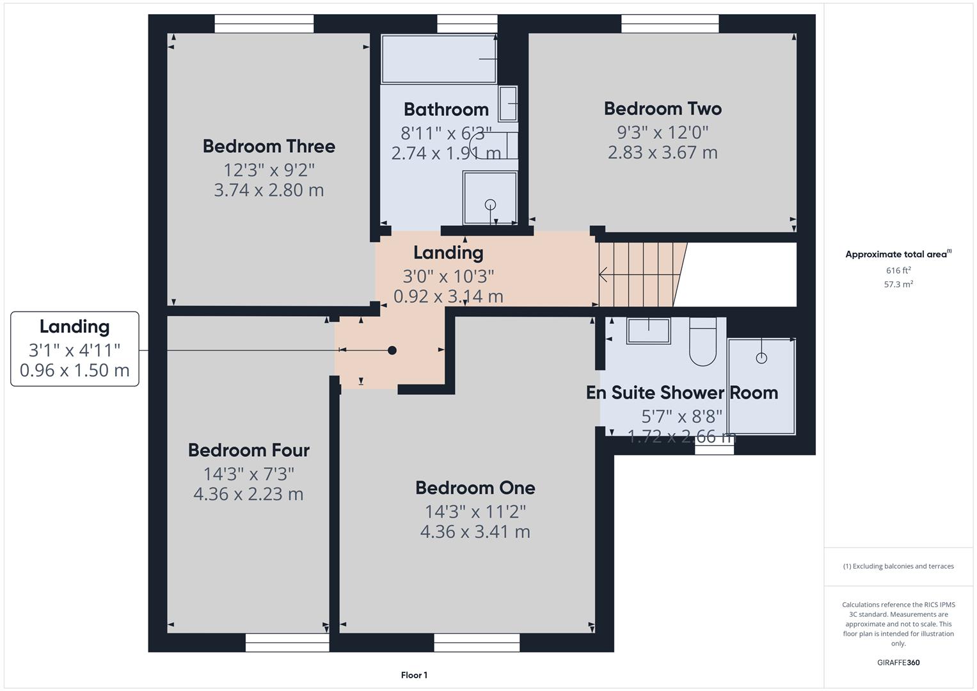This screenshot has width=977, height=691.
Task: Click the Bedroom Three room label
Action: (269, 147)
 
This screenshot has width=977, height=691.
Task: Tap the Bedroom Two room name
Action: (662, 109)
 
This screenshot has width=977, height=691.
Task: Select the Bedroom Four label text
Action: (248, 450)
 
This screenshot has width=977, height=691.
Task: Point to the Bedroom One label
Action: (475, 488)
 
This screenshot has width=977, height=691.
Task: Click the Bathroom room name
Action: (446, 109)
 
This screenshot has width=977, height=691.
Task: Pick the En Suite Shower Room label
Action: (681, 393)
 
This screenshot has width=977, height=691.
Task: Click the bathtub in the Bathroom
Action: (439, 59)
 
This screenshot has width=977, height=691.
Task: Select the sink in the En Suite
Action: (648, 331)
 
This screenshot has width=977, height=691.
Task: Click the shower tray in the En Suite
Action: (761, 386)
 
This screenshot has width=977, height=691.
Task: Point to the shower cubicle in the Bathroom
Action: (490, 198)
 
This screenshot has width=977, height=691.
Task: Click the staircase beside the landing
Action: (637, 274)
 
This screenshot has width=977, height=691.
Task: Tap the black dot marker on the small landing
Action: (392, 351)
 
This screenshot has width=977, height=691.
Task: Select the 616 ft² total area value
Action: (898, 271)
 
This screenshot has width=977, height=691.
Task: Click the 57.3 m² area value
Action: (898, 285)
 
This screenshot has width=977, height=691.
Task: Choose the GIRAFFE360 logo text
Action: (898, 663)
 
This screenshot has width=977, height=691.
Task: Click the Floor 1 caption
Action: (414, 675)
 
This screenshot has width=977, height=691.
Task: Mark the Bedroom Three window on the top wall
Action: (264, 24)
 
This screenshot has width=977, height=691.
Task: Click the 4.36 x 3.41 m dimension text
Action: (475, 532)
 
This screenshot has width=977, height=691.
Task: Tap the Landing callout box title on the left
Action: (74, 327)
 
